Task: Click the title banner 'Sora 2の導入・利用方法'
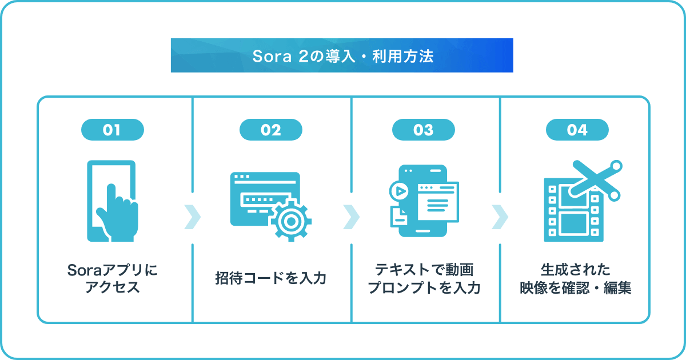click(342, 55)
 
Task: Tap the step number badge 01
click(112, 130)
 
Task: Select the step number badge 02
click(270, 130)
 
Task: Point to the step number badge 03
click(424, 130)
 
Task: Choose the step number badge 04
click(577, 130)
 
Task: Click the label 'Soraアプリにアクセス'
click(112, 278)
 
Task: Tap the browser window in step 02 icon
click(260, 197)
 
